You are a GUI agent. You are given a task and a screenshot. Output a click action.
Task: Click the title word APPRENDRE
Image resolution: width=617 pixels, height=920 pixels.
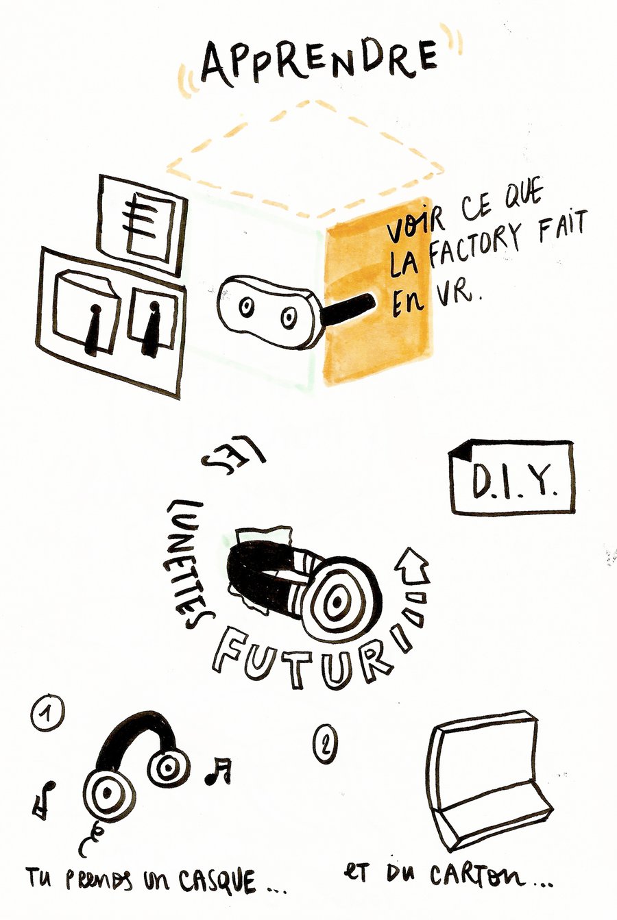[321, 62]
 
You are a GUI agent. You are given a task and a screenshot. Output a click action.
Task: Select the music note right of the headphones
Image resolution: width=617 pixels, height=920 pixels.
[219, 771]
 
